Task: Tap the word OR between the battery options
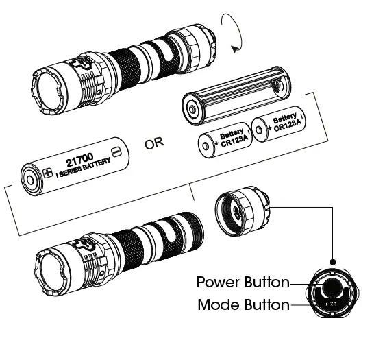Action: (156, 143)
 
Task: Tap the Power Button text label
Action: (243, 282)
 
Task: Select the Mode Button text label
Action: (243, 305)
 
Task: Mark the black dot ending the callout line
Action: (333, 261)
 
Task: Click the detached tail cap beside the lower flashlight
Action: (240, 208)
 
